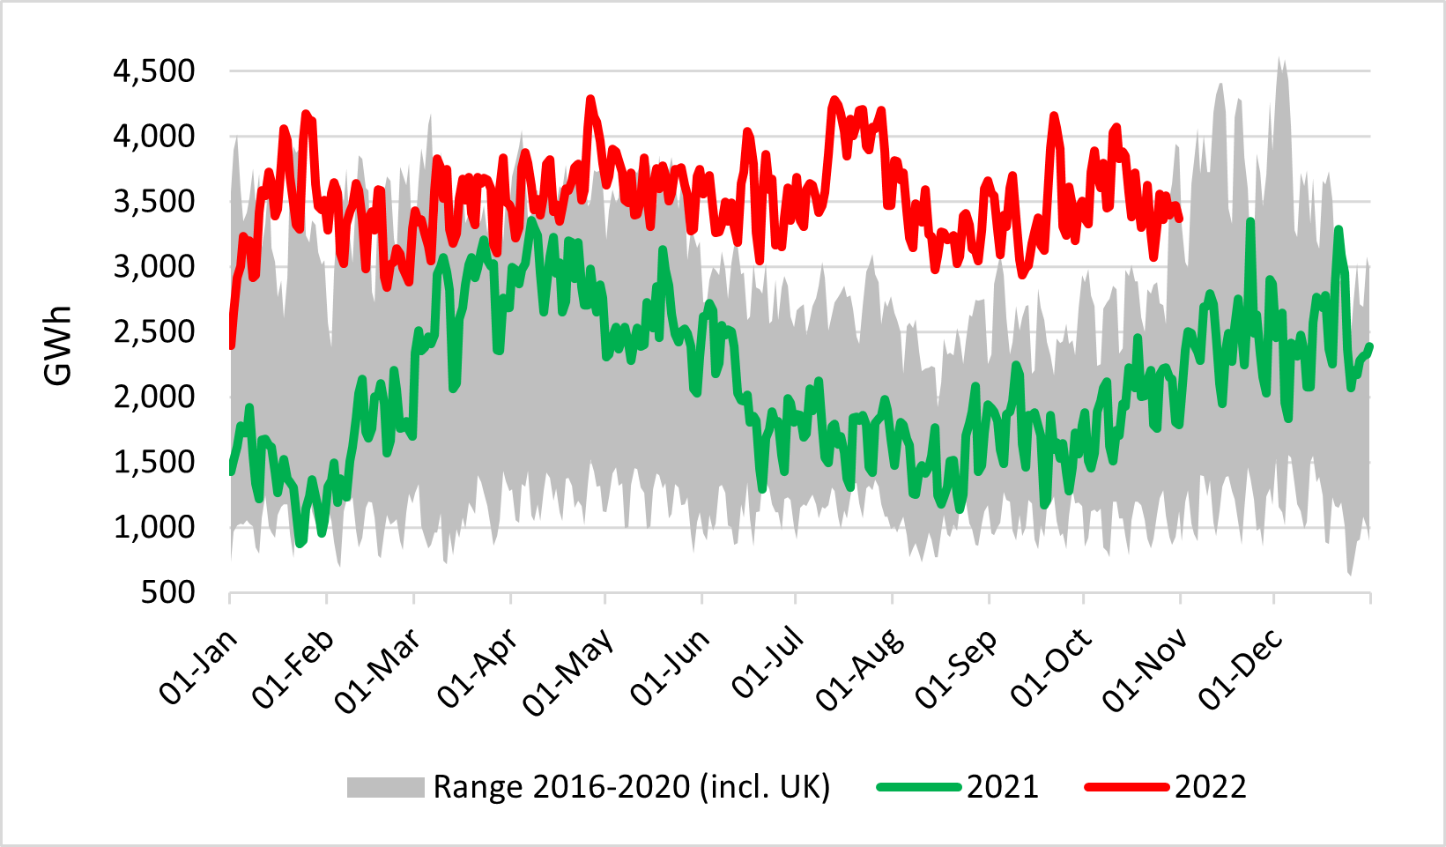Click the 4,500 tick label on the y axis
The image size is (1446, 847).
(153, 71)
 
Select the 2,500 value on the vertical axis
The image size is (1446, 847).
(153, 332)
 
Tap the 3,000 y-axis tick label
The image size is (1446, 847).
(153, 267)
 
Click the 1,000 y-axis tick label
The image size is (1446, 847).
(153, 527)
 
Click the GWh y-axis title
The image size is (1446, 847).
(58, 345)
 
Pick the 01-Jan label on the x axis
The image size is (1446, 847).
(199, 666)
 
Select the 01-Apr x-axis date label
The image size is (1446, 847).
(478, 668)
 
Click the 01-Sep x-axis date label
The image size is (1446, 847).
(956, 668)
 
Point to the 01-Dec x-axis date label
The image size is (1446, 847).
(1240, 668)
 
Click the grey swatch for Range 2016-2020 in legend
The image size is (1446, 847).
(385, 787)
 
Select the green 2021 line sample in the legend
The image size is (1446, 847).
(918, 787)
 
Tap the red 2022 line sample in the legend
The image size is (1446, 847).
(1126, 787)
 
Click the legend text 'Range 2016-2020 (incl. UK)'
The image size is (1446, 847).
(631, 787)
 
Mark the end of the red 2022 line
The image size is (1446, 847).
(1180, 219)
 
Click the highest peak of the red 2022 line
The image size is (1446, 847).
(590, 99)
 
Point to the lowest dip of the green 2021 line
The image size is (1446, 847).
(300, 543)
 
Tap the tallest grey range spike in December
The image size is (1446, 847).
(1280, 60)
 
